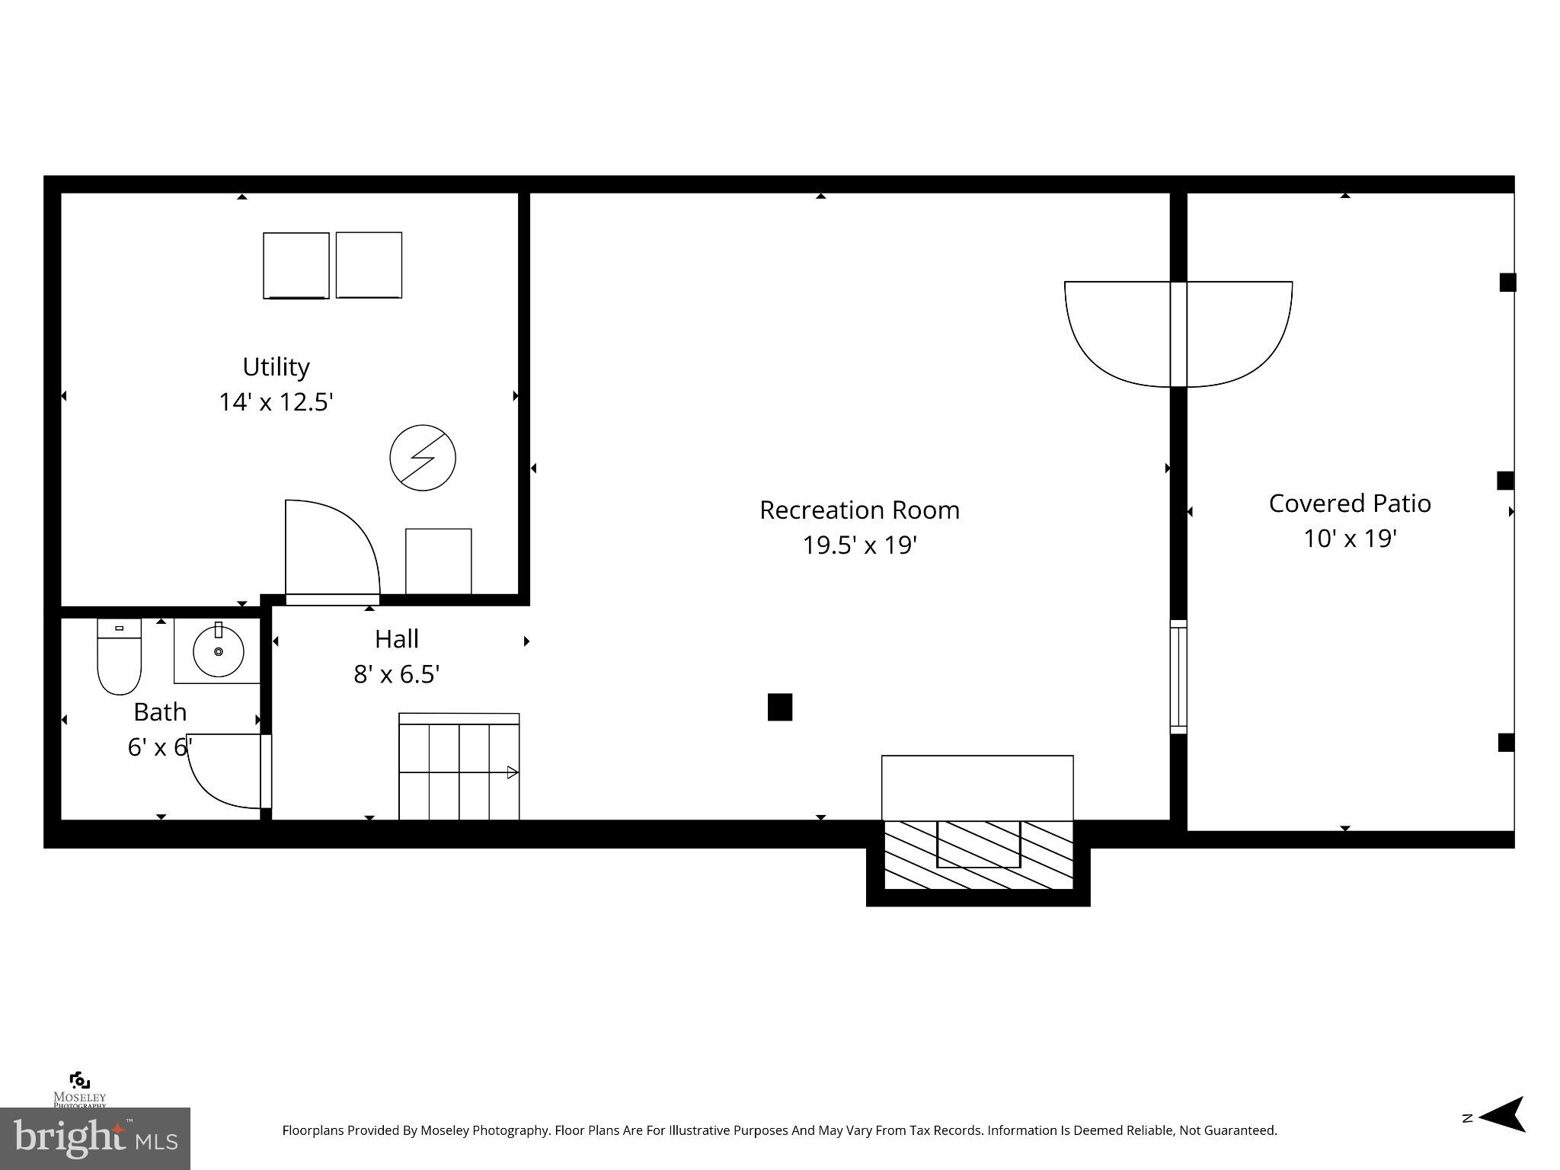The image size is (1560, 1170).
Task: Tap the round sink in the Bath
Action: (219, 651)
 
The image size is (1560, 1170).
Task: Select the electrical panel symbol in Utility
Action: (423, 458)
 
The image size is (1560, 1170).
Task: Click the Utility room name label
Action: (276, 366)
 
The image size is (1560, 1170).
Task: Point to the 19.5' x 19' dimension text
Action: (859, 545)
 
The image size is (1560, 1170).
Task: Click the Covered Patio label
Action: (1349, 503)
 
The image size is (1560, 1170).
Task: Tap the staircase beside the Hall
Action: (459, 769)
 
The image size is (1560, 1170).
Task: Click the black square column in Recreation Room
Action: (779, 707)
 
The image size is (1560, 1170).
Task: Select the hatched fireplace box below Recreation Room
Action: (978, 855)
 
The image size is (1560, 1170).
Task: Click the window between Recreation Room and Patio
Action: (1178, 677)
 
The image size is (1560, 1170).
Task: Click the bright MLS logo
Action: (94, 1138)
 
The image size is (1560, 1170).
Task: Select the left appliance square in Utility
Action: (296, 265)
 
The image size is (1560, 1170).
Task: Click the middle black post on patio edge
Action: (1505, 481)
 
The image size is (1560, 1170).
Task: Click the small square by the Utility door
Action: (438, 561)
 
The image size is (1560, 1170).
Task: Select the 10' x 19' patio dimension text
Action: (1349, 539)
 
